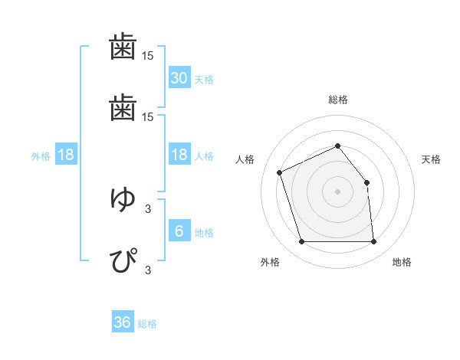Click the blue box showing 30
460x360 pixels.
pos(179,78)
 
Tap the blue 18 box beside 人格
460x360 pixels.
pos(179,155)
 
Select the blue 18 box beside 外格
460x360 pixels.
pos(66,155)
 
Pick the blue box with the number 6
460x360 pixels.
pos(179,231)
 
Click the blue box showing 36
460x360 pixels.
pos(123,322)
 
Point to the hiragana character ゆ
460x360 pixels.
pos(123,199)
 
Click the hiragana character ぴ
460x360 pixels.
pos(123,260)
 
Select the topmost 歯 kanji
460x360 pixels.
pos(123,47)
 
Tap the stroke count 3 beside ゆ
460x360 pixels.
pos(148,208)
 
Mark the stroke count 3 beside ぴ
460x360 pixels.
pos(148,269)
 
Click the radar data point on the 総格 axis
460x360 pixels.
pos(337,146)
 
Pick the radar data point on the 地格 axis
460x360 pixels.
pos(373,242)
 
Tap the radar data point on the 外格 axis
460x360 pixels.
pos(301,242)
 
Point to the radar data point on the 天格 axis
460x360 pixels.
pos(366,182)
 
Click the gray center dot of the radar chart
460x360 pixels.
pos(337,191)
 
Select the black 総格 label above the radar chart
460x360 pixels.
pos(337,100)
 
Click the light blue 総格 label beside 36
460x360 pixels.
pos(147,324)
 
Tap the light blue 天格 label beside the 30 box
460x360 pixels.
pos(203,80)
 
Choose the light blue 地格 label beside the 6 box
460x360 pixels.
pos(203,233)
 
